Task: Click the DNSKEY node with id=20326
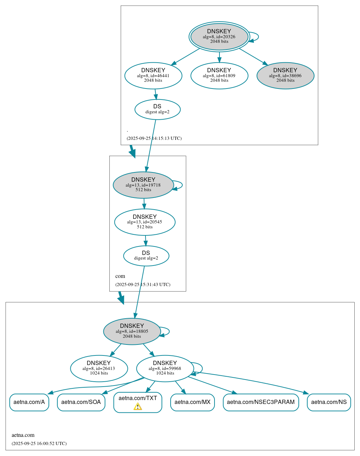point(219,36)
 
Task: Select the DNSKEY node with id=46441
point(153,75)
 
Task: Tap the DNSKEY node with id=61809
point(219,75)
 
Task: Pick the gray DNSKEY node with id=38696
point(285,75)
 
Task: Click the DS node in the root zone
point(158,109)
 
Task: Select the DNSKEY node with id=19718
point(143,185)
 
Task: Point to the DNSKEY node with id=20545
point(145,222)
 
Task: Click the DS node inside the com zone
point(146,256)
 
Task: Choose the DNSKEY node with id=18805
point(132,331)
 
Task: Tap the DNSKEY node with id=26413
point(99,368)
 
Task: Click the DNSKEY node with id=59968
point(165,368)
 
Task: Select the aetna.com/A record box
point(29,402)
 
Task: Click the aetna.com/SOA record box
point(81,402)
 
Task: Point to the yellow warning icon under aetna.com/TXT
point(138,406)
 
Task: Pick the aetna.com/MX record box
point(193,402)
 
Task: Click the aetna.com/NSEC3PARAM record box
point(261,402)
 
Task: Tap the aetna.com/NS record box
point(329,402)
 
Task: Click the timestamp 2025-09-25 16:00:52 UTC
point(39,443)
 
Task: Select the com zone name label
point(120,276)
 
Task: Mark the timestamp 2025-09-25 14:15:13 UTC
point(154,138)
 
